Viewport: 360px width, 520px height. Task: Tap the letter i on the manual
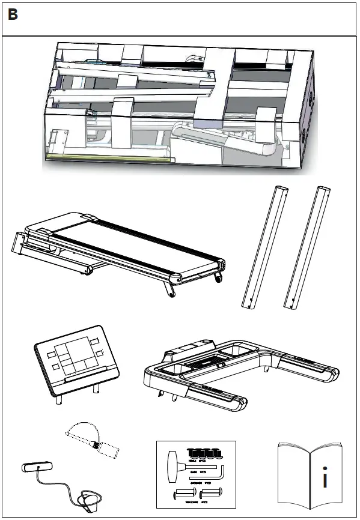pyautogui.click(x=325, y=480)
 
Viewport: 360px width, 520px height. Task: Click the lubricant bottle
pyautogui.click(x=106, y=449)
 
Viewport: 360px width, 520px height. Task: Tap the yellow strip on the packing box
pyautogui.click(x=108, y=157)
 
